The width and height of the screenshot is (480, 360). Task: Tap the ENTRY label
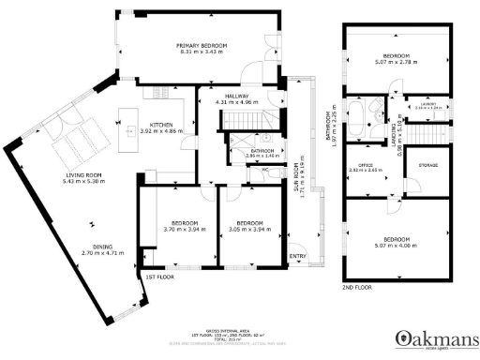coord(298,255)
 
